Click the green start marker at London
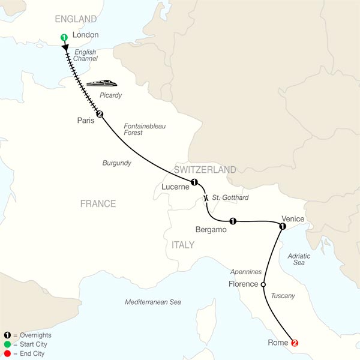64,38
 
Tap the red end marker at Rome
295,343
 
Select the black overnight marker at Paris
100,115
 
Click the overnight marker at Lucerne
194,182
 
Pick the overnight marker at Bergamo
233,221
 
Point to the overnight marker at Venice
282,226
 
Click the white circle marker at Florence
263,284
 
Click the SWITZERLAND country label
205,170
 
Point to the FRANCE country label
98,204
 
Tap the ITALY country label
182,245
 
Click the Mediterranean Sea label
153,302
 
